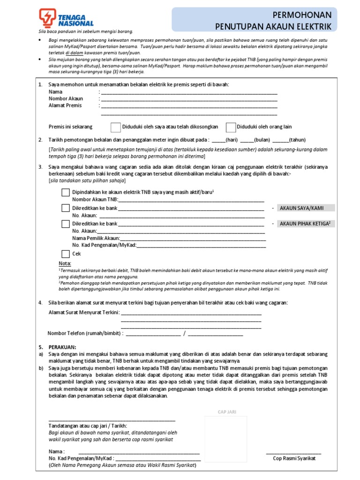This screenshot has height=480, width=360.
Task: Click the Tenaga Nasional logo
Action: pos(66,18)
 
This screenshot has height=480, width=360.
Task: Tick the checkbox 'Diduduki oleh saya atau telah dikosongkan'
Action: pos(115,127)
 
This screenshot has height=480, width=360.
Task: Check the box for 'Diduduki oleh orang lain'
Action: pos(231,127)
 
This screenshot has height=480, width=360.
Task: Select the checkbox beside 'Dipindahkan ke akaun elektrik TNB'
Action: pos(66,192)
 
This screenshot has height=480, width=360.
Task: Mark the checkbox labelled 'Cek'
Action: pos(66,254)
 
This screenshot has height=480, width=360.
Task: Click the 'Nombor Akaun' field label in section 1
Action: pos(66,98)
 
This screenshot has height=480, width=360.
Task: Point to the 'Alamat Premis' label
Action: pos(65,105)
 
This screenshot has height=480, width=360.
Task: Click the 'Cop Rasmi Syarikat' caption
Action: pos(294,458)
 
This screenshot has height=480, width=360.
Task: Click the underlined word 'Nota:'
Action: pos(65,263)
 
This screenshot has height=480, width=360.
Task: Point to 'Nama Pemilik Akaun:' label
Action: pos(96,238)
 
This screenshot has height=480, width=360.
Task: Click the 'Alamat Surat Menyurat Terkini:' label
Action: pos(84,313)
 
